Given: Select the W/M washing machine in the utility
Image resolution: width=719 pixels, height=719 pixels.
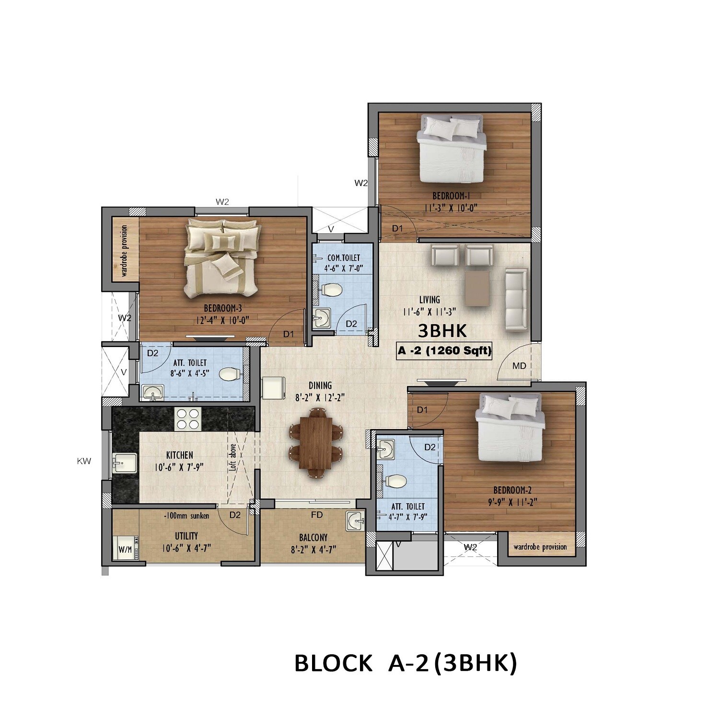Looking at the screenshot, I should (x=125, y=549).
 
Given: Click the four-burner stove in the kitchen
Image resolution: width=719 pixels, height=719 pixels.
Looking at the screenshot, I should (x=188, y=418).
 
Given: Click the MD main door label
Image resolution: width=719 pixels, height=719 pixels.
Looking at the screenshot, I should (x=519, y=366).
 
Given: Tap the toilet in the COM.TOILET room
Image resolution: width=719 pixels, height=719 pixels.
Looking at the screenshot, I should (x=331, y=290).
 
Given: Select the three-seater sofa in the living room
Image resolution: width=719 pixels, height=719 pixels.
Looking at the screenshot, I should (x=517, y=300).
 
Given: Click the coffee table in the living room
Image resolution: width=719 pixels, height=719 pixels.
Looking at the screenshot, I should (x=477, y=288).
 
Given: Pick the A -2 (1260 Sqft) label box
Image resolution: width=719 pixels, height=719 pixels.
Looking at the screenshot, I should (x=444, y=351).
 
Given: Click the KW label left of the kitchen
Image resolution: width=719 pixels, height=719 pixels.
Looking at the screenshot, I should (x=84, y=462).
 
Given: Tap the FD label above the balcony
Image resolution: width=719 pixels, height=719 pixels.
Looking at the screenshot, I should (x=316, y=515).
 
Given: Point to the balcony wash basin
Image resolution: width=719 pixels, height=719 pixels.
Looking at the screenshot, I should (x=355, y=521).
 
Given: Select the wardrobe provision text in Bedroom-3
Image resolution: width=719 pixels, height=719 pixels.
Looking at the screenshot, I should (x=125, y=251).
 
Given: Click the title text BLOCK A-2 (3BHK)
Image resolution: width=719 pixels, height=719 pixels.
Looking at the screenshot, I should (x=406, y=663).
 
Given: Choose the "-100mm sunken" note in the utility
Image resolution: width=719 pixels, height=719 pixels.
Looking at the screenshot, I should (x=186, y=516).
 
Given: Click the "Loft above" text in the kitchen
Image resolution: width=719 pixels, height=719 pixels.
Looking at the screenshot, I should (x=233, y=457).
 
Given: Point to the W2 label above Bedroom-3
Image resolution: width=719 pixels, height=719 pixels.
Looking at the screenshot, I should (x=222, y=202).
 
